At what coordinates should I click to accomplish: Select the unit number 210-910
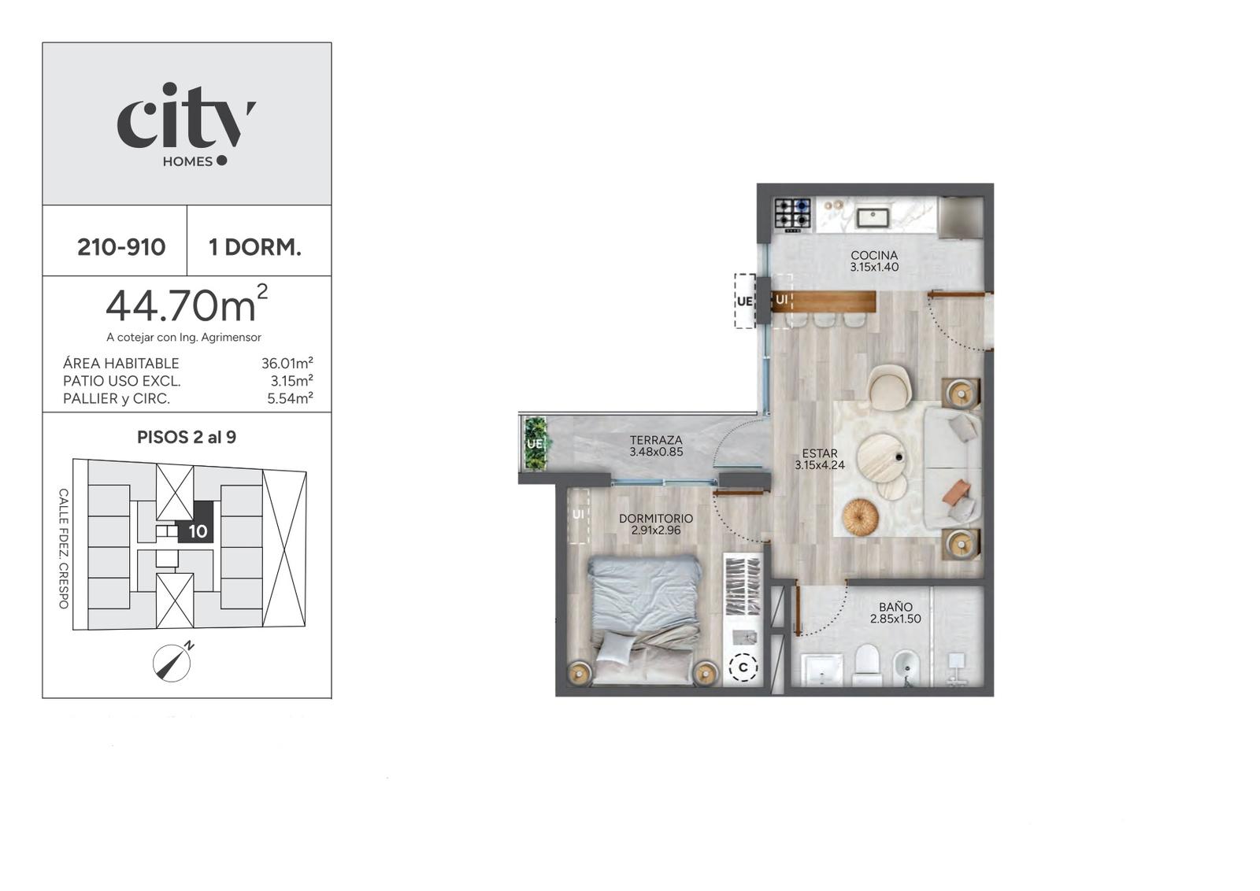coord(121,247)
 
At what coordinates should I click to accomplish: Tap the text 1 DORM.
coord(255,247)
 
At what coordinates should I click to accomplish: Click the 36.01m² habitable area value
coord(287,363)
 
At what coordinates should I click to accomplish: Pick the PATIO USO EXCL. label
coord(121,381)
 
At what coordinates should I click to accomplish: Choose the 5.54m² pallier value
coord(290,398)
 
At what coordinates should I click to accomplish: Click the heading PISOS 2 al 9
coord(187,438)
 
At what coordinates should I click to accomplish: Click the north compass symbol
coord(172,663)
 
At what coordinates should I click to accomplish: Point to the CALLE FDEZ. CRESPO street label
coord(64,549)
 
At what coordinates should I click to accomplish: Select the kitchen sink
coord(873,217)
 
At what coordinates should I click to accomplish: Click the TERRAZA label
coord(656,440)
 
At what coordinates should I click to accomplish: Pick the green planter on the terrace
coord(535,443)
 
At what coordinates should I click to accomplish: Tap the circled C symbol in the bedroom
coord(743,667)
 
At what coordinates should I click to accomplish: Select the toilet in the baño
coord(867,664)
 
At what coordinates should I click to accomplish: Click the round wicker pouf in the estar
coord(860,516)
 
